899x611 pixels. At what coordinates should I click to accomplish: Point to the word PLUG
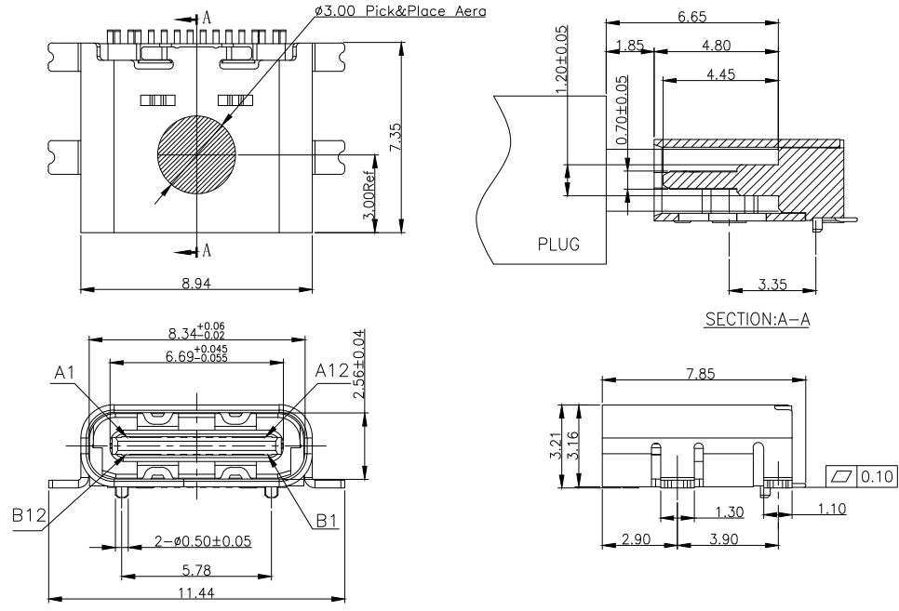click(558, 246)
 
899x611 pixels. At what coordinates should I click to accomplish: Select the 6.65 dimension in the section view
click(691, 19)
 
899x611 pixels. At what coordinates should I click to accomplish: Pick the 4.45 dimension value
click(718, 75)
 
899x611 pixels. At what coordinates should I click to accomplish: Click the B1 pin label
click(327, 521)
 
